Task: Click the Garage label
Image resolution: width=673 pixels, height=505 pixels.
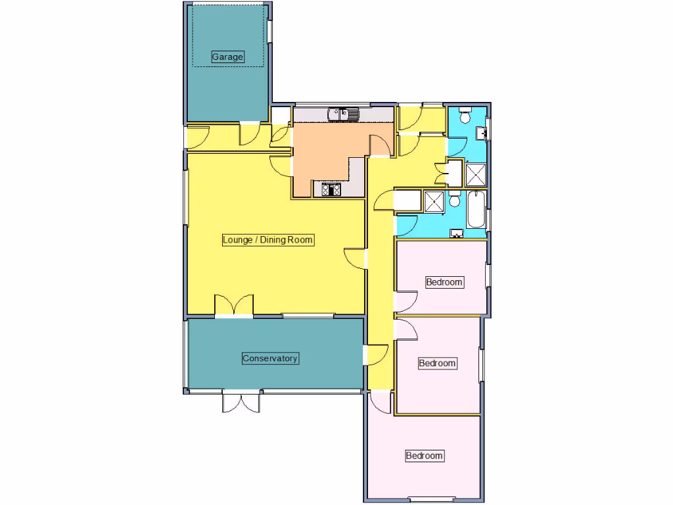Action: pos(227,57)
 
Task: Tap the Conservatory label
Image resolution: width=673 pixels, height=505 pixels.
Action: pos(270,358)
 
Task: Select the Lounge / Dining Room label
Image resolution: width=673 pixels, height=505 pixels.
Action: pos(267,240)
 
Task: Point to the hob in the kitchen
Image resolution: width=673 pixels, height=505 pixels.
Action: pos(331,190)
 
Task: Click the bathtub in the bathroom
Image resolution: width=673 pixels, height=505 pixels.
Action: pos(476,208)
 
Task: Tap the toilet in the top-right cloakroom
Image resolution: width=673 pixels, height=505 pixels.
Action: pos(465,116)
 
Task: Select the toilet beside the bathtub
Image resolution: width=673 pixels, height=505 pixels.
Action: pos(454,199)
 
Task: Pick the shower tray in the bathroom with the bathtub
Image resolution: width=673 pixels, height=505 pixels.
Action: pos(433,201)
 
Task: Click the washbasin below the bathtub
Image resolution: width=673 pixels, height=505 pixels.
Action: pos(457,233)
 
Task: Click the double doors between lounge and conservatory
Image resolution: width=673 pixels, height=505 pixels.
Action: pos(233,306)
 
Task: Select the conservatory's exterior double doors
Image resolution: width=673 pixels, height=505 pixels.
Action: pos(242,401)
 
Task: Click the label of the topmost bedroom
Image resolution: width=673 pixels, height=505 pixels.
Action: pos(444,282)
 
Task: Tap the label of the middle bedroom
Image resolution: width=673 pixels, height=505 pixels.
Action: pos(437,363)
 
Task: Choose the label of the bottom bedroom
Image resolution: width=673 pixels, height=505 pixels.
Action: pos(424,456)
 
